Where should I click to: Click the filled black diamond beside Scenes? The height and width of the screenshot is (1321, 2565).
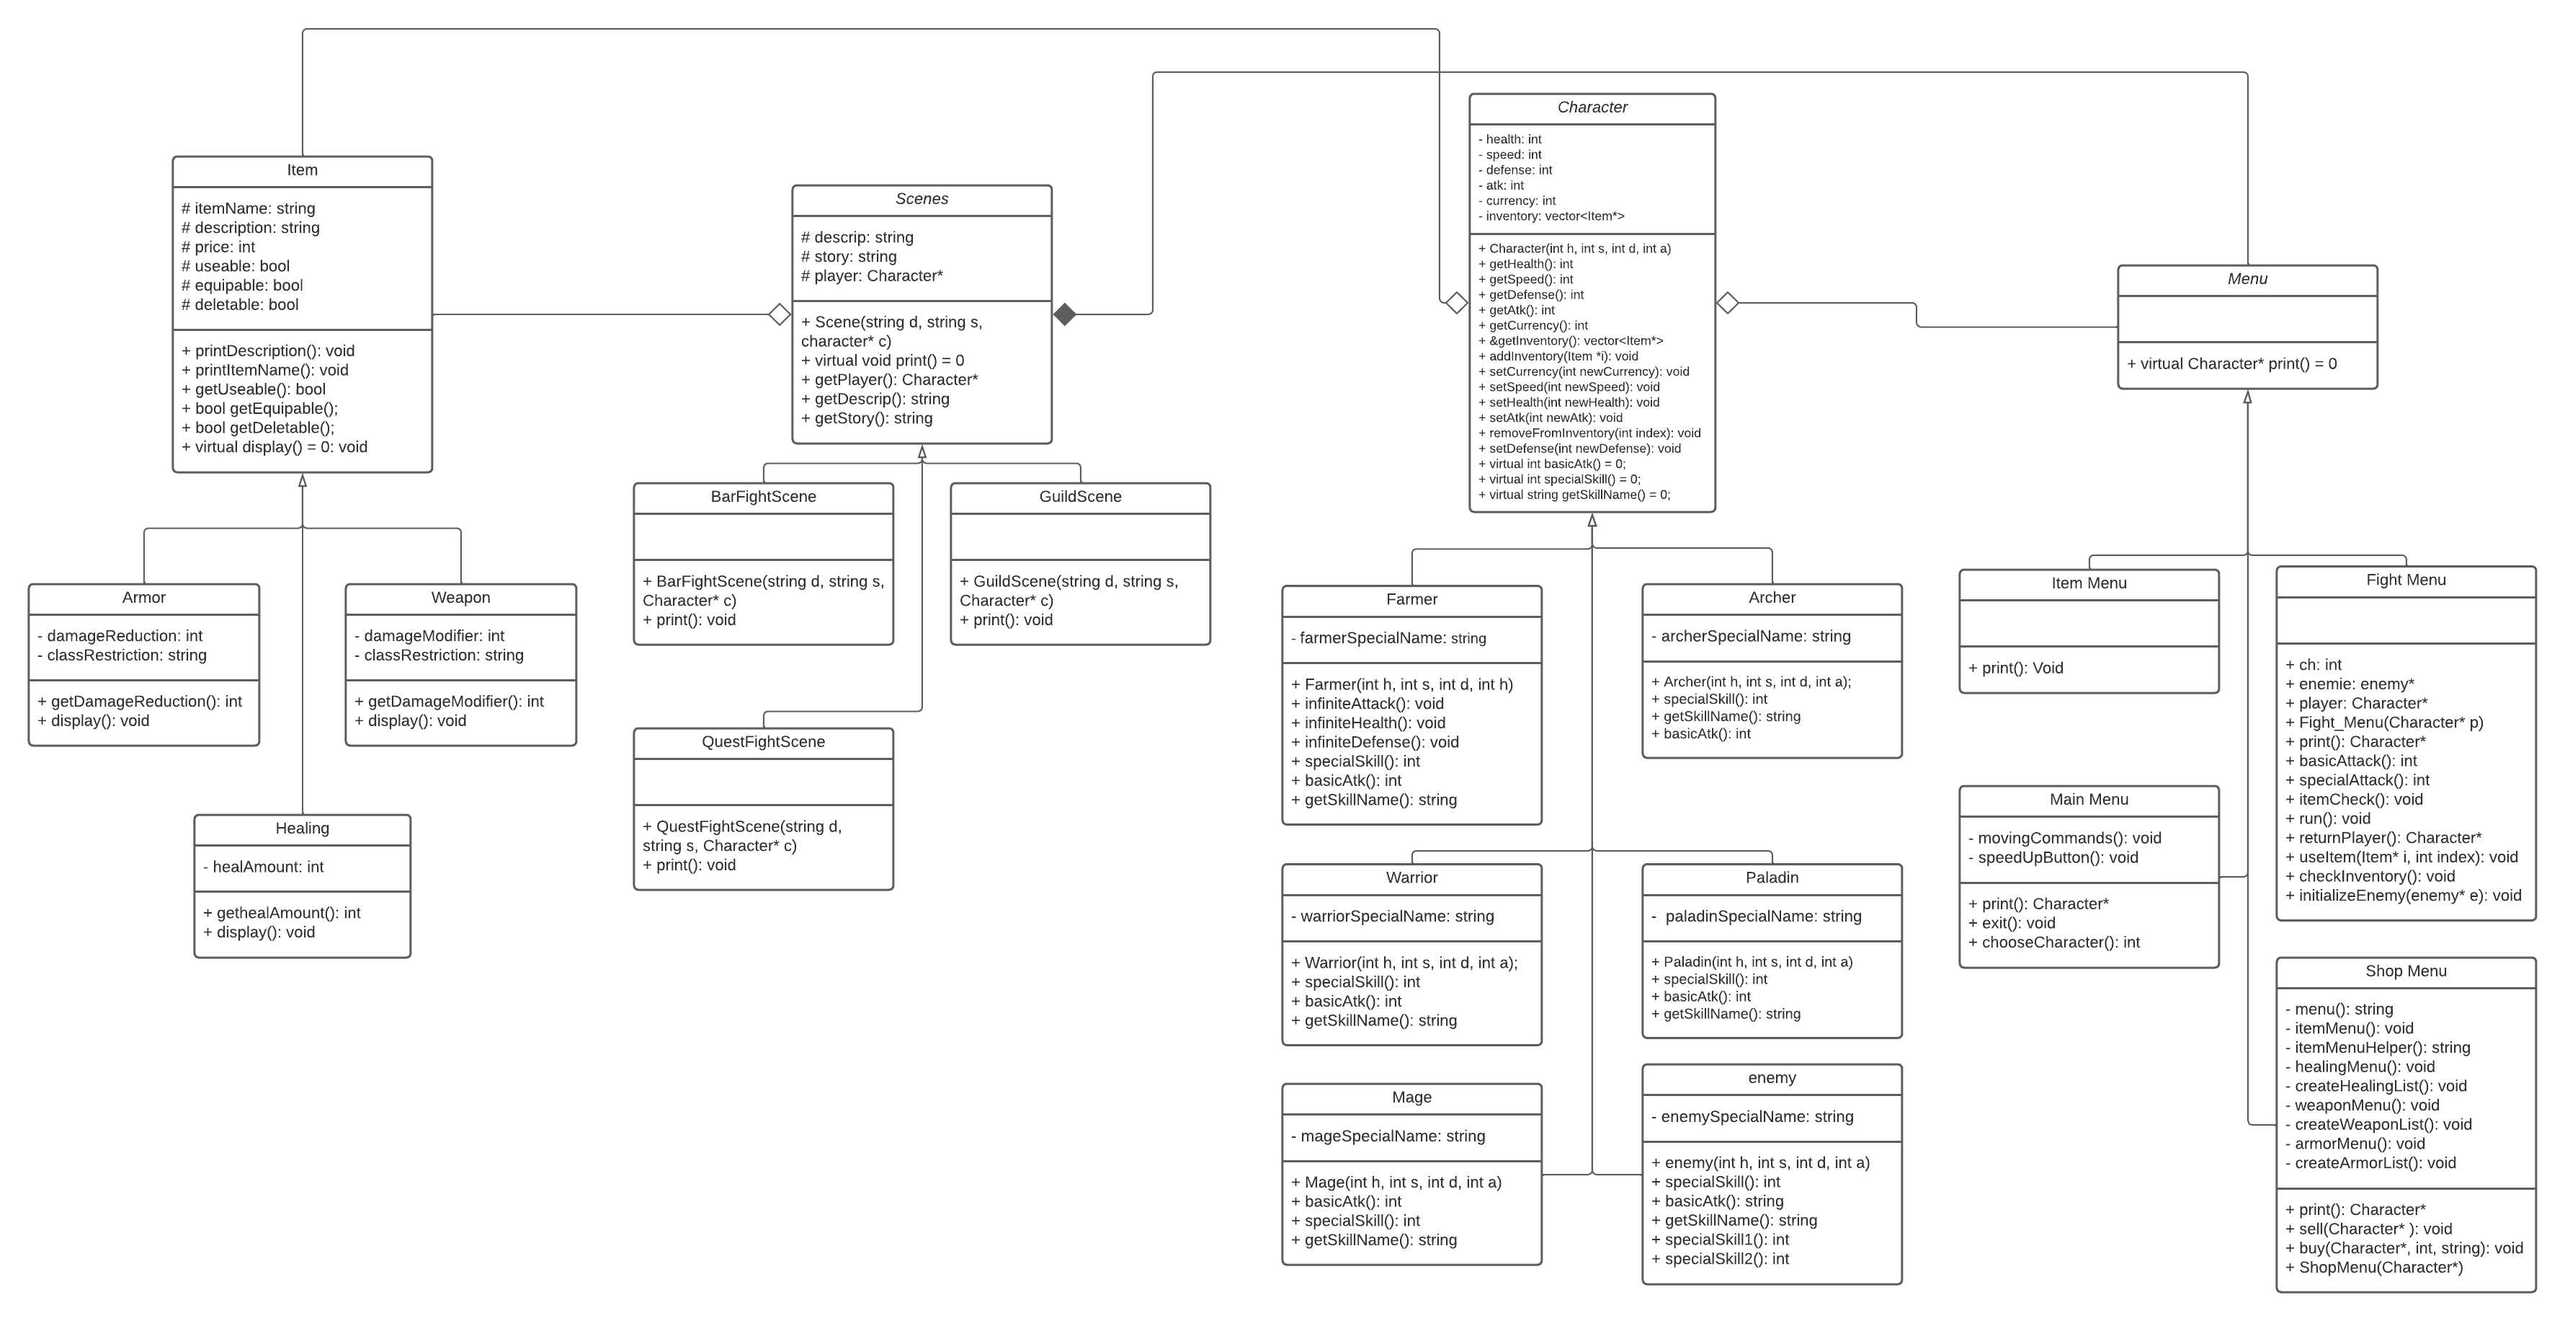1064,315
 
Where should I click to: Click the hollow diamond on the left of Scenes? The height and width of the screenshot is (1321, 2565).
780,315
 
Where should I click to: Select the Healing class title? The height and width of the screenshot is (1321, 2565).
302,829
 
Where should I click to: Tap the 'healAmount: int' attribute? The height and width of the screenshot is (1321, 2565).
264,867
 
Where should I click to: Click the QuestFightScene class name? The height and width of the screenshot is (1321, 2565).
763,742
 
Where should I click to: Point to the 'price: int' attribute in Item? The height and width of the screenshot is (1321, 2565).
219,247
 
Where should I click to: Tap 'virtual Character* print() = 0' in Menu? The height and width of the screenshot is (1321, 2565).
2231,363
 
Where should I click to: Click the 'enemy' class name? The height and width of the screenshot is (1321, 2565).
1772,1078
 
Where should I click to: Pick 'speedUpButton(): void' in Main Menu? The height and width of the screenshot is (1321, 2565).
2052,858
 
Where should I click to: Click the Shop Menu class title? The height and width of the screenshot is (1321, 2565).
2406,971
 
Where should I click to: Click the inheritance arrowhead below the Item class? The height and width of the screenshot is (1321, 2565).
303,481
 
